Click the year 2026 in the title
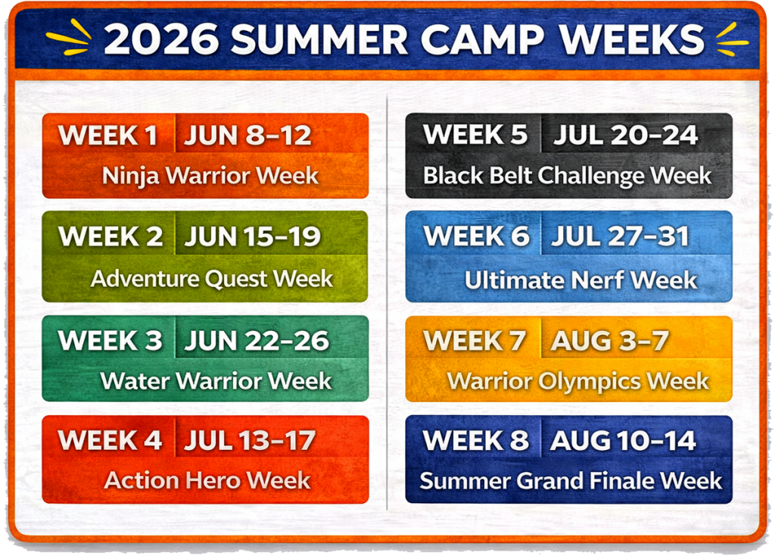[x=161, y=39]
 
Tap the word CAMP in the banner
[x=482, y=39]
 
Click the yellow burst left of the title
[x=69, y=37]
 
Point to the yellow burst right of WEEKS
[x=733, y=39]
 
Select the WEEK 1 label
[x=107, y=135]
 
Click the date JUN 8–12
[x=247, y=135]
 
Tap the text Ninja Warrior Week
[x=210, y=176]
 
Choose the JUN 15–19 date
[x=253, y=236]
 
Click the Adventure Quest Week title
[x=212, y=279]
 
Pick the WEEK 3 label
[x=110, y=340]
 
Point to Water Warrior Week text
[x=216, y=381]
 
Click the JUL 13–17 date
[x=250, y=440]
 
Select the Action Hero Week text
[x=207, y=480]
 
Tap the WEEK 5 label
[x=475, y=135]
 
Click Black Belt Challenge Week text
[x=568, y=176]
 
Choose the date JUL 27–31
[x=621, y=236]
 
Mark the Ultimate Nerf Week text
[x=580, y=280]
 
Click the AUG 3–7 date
[x=610, y=340]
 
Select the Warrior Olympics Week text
[x=578, y=381]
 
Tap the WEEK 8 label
[x=475, y=440]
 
